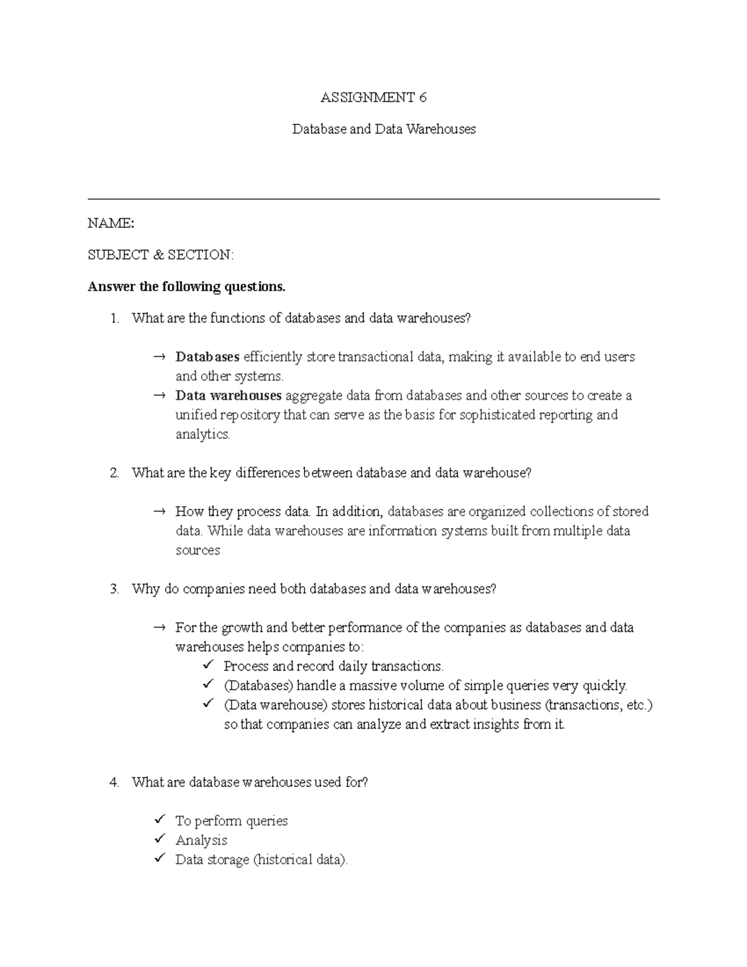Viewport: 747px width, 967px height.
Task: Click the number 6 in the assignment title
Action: pos(423,97)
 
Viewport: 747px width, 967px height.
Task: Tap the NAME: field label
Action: pos(111,223)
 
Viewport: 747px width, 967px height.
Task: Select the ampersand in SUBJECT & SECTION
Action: pos(156,255)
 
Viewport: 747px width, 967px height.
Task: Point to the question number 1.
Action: pos(113,318)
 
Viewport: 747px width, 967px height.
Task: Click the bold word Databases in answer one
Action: pos(207,357)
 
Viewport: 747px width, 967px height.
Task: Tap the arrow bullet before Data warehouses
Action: pos(159,395)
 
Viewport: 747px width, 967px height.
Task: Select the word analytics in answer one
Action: pos(202,434)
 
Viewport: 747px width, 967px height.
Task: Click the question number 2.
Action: pos(114,473)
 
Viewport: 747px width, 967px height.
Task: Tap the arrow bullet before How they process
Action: pos(159,511)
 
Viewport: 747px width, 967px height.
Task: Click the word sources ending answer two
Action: pos(197,550)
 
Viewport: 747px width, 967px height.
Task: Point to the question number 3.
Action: pos(114,589)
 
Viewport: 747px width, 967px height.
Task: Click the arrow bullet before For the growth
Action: pos(159,628)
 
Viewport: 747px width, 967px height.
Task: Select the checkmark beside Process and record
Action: pos(208,666)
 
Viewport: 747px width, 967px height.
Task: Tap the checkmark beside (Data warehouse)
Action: pos(208,704)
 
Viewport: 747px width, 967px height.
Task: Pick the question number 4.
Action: pos(114,782)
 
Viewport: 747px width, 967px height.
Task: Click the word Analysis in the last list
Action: pos(201,840)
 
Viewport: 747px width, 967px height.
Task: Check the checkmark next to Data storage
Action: pos(160,859)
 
